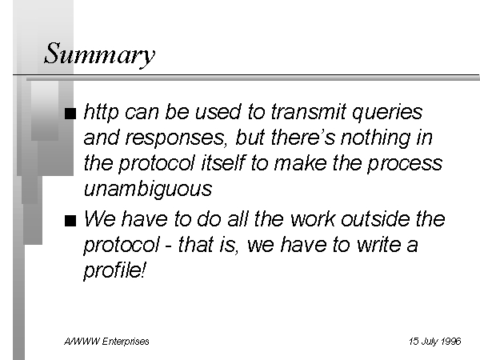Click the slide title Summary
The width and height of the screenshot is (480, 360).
[100, 55]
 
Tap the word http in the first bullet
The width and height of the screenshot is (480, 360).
[101, 112]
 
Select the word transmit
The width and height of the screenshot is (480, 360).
[309, 111]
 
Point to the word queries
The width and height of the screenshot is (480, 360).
[387, 113]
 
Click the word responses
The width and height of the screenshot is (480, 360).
[176, 138]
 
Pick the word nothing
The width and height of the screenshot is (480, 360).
[376, 138]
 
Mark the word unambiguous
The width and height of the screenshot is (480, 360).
[148, 188]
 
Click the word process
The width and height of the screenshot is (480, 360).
[405, 164]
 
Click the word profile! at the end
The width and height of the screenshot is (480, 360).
[114, 270]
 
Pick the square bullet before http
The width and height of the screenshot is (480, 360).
[70, 114]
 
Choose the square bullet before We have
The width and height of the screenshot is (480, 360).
[70, 221]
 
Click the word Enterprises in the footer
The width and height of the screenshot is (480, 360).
[126, 342]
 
